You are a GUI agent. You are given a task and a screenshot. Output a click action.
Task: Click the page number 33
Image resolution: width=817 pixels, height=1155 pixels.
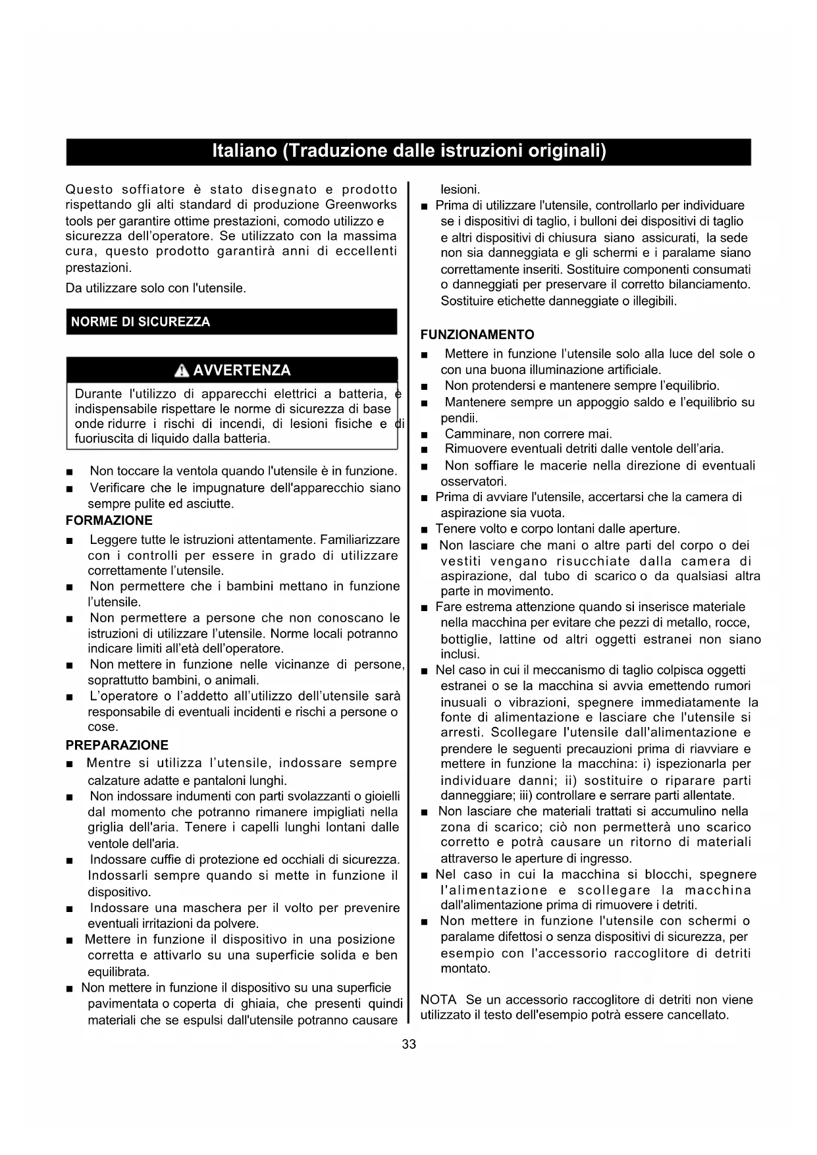coord(409,1044)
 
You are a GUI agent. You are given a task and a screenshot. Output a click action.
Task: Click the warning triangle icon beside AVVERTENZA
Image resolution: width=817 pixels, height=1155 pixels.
coord(182,371)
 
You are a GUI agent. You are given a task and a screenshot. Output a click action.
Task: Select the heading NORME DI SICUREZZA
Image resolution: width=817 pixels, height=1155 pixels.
coord(140,322)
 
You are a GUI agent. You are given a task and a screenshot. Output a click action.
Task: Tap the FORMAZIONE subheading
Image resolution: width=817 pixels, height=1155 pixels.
coord(109,521)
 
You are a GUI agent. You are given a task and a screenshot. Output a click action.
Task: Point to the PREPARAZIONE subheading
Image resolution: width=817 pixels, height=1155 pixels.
coord(117,745)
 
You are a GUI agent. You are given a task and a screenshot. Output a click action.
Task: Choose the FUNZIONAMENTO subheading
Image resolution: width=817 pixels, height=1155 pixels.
coord(477,335)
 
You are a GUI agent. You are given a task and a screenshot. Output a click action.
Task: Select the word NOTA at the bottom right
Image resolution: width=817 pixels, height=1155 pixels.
coord(438,1000)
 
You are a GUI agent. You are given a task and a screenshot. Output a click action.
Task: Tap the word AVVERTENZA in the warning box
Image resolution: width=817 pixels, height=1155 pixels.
coord(242,371)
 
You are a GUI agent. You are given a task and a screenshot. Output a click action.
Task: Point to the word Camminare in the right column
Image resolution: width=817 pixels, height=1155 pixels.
coord(475,434)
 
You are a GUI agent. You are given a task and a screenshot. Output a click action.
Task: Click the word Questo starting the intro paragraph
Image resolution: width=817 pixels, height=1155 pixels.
coord(90,190)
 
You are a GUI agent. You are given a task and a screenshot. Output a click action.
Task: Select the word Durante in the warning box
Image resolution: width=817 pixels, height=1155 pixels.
coord(98,394)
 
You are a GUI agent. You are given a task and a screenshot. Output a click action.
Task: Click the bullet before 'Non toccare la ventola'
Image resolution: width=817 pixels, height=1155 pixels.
coord(70,472)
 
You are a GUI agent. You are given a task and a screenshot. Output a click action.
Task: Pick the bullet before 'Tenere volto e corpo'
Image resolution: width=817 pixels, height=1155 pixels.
coord(425,530)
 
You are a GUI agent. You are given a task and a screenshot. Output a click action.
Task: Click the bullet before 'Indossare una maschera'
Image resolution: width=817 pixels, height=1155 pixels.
coord(70,909)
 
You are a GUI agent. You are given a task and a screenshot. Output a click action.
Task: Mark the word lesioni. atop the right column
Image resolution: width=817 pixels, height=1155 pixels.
coord(460,190)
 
